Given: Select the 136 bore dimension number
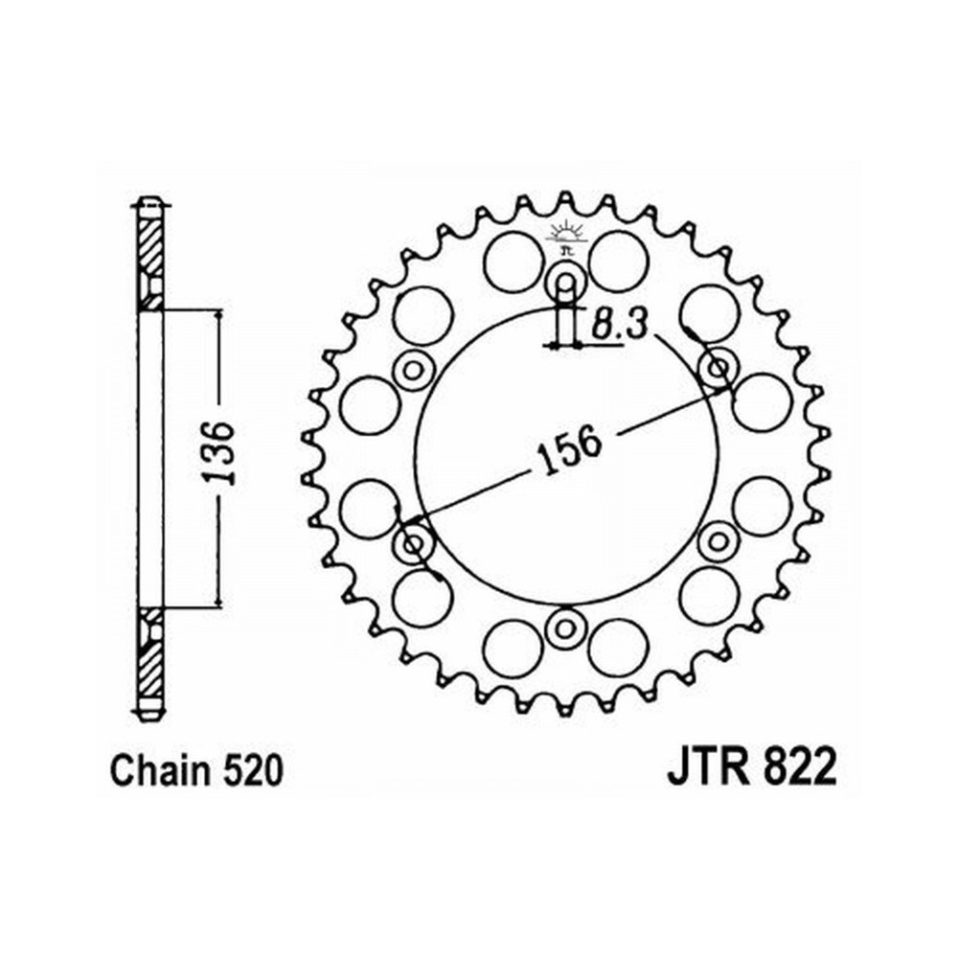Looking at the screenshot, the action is [x=219, y=452].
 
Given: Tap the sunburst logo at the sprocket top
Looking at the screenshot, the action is [x=566, y=236].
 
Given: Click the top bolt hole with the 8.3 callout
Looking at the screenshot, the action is [x=566, y=283].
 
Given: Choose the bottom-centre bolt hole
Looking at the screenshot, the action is [x=565, y=627].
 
